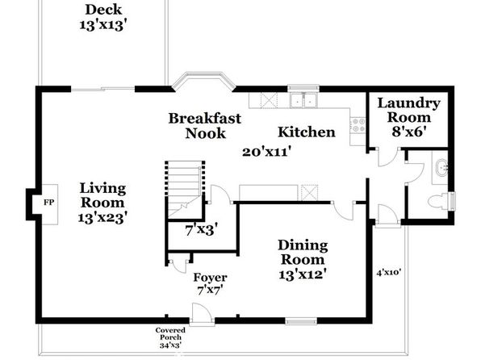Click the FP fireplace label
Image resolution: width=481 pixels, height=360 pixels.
tap(49, 203)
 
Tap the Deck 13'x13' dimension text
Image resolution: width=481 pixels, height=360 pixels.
tap(103, 25)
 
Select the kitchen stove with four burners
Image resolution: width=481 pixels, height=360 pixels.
tap(358, 125)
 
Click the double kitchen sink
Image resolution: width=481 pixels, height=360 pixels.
tap(303, 100)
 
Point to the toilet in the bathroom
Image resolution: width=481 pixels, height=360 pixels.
tap(440, 202)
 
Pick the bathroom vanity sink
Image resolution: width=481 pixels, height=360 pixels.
tap(441, 168)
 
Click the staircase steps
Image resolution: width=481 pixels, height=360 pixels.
tap(183, 188)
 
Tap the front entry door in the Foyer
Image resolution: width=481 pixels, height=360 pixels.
tap(202, 312)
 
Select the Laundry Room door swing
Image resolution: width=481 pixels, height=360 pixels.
tap(388, 157)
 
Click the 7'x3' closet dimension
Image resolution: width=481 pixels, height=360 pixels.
tap(201, 230)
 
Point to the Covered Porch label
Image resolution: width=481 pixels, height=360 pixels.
tap(170, 334)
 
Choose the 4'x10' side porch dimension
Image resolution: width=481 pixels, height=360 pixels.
tap(389, 272)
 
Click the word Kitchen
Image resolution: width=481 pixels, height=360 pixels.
tap(306, 132)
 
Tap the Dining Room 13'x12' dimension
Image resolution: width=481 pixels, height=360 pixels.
tap(302, 274)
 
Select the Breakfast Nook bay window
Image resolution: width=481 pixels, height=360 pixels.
tap(203, 82)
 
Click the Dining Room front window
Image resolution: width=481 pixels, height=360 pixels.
tap(301, 321)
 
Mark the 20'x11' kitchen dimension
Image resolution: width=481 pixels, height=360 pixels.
tap(266, 152)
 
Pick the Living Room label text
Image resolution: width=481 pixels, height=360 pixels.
tap(102, 195)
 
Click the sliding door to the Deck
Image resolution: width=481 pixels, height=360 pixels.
tap(102, 90)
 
